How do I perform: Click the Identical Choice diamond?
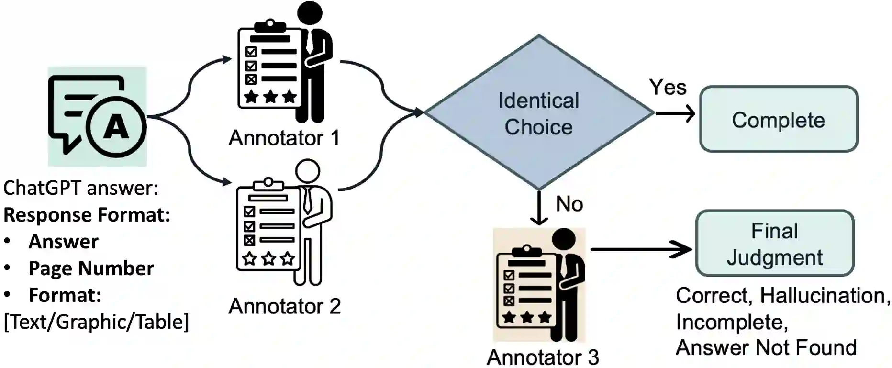539,113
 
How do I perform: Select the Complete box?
779,120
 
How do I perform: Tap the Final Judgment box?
775,244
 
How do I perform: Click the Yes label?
668,87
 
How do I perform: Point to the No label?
569,204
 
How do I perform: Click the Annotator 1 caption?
284,138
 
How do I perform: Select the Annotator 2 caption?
285,306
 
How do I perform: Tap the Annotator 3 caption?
543,357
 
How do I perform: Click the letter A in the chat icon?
116,128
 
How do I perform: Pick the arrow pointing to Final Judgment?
641,249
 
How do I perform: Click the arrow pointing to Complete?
675,113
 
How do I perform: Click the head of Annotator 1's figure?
310,13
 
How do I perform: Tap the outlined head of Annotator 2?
307,171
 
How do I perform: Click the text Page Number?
91,268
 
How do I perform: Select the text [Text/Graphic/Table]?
96,322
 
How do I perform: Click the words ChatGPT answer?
80,188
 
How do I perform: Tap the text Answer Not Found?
766,348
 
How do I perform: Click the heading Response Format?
87,215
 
